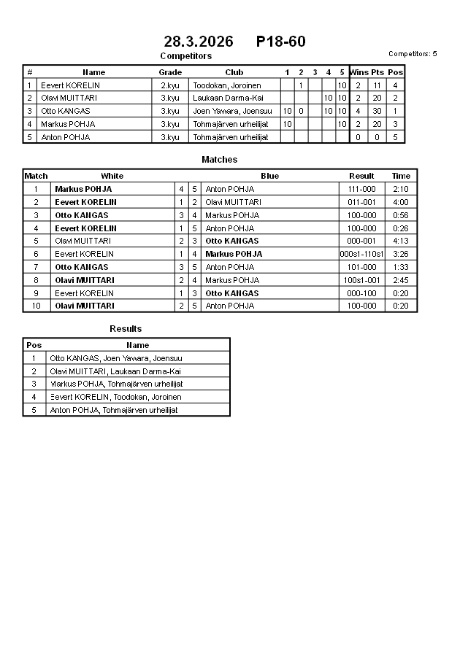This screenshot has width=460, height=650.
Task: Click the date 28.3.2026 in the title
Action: click(199, 42)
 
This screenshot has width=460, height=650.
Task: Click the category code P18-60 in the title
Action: click(281, 42)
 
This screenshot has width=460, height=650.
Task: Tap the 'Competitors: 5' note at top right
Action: click(413, 54)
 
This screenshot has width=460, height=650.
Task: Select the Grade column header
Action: click(170, 72)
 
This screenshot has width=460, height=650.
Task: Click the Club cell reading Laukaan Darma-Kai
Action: click(228, 98)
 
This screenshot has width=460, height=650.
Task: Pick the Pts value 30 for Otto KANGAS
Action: click(377, 111)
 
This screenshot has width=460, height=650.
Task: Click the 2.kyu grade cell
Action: click(170, 85)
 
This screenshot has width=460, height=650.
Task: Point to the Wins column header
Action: click(359, 72)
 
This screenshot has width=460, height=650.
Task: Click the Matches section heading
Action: click(219, 160)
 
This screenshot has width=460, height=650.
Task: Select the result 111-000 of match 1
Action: click(361, 189)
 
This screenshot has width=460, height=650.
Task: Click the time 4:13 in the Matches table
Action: click(401, 241)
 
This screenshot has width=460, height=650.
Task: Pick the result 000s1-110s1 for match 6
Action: click(361, 254)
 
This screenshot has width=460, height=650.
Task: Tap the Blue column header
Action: click(269, 176)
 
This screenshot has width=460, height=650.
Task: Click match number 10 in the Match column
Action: click(35, 306)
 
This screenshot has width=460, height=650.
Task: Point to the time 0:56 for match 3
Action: click(401, 215)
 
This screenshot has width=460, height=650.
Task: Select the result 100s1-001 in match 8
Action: click(361, 280)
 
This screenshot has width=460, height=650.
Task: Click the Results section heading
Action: click(126, 329)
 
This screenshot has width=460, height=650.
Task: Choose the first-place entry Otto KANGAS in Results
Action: click(115, 358)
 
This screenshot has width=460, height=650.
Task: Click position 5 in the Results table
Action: click(34, 410)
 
